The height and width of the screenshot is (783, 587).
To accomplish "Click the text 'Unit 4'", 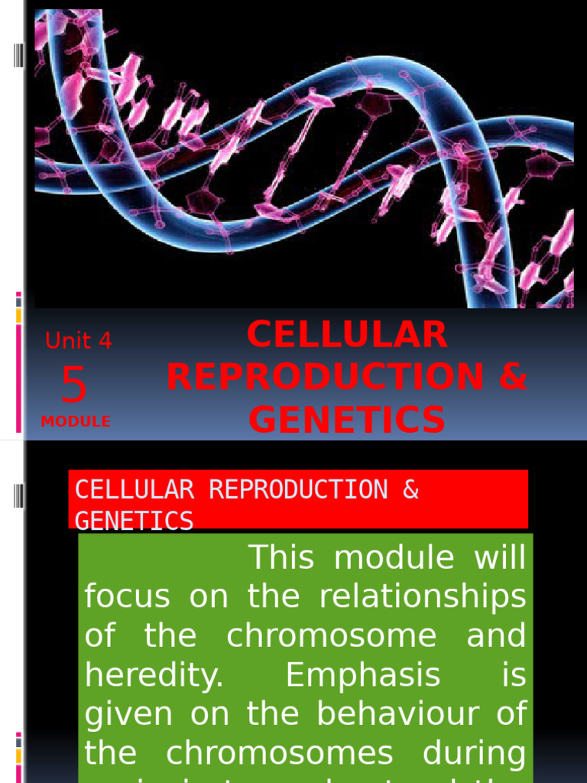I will pos(79,341).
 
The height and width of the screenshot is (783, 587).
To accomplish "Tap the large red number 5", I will pos(74,385).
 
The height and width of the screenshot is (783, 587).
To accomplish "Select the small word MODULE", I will pos(76,421).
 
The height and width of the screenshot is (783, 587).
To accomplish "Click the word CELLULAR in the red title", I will pos(347,335).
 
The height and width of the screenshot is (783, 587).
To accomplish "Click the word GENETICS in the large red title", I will pos(347,419).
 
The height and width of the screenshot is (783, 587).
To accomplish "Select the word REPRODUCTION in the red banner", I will pos(298,489).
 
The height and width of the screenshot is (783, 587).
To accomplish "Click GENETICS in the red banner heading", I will pos(134,521).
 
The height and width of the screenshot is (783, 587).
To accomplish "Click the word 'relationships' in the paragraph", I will pos(423,597).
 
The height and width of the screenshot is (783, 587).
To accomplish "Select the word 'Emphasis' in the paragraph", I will pos(363,676).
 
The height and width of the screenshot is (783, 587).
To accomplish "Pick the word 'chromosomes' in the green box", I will pos(279,754).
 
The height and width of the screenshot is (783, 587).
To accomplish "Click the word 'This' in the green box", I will pos(281,558).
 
